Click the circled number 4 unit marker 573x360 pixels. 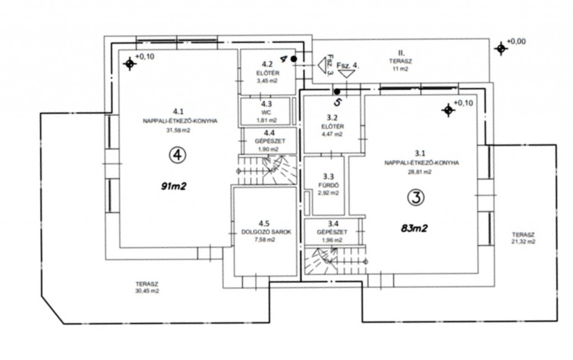coord(177,155)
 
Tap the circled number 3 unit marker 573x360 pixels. coord(416,198)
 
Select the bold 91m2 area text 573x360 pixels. coord(173,186)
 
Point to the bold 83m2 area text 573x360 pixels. coord(414,228)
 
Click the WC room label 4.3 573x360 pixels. coord(266,112)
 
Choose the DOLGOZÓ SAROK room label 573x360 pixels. coord(266,232)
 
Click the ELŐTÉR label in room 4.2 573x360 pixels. coord(268,73)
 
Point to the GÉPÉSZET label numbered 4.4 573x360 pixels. coord(270,141)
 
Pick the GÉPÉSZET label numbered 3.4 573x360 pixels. coord(332,232)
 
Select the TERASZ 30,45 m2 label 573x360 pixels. coord(147,287)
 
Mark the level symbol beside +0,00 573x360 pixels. coord(501,48)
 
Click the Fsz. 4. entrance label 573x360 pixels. coord(348,66)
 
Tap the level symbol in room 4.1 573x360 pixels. coord(129,64)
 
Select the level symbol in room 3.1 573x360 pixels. coord(448,110)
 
